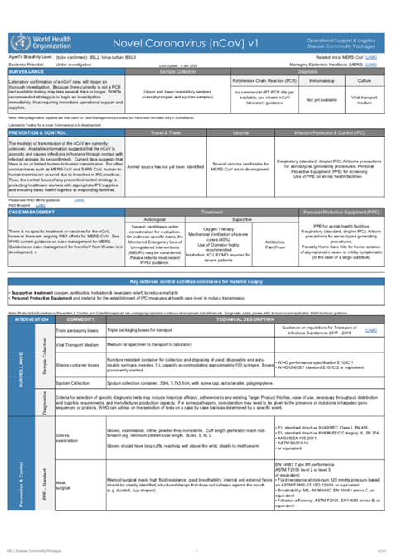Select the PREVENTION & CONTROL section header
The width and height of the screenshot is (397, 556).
[36, 132]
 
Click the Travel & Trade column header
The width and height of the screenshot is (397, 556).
[162, 132]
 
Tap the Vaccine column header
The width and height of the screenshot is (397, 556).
[235, 132]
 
